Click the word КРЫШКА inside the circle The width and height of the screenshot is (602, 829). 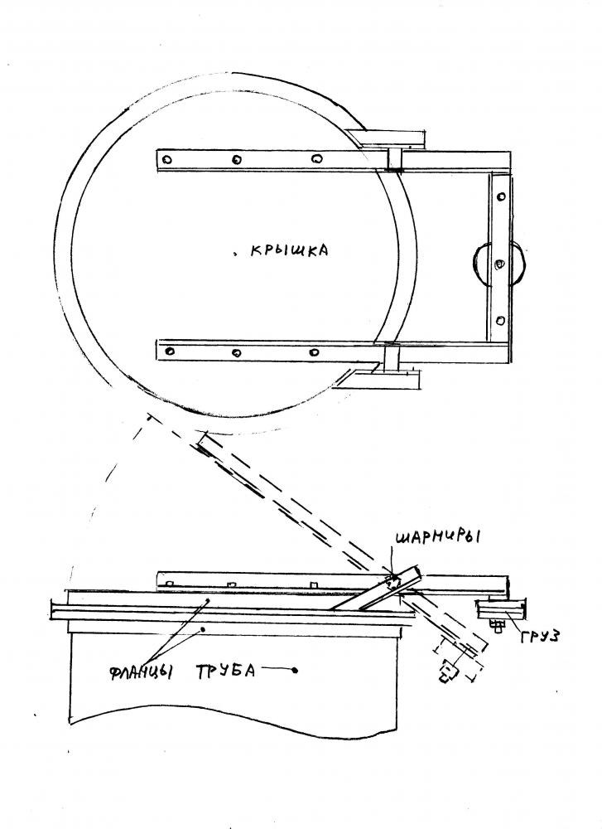(289, 250)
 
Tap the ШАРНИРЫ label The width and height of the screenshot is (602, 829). (436, 538)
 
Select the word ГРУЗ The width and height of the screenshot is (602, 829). (540, 636)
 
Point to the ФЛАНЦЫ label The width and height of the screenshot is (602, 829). (142, 672)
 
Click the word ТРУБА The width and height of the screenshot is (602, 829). (227, 670)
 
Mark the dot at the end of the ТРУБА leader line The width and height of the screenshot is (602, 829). (295, 671)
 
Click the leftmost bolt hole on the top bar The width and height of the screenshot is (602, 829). (167, 158)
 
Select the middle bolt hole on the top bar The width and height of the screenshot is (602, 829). (236, 158)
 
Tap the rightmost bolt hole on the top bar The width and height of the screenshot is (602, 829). (315, 158)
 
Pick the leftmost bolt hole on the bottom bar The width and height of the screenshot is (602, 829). (170, 351)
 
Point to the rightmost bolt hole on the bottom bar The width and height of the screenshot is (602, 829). (314, 351)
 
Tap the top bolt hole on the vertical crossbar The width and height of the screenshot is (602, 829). (501, 196)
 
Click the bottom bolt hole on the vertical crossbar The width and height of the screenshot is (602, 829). (501, 320)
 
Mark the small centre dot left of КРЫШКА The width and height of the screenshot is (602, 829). (234, 255)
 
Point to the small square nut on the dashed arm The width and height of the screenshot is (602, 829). (447, 672)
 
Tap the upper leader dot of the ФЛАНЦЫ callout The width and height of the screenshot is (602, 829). (208, 600)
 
